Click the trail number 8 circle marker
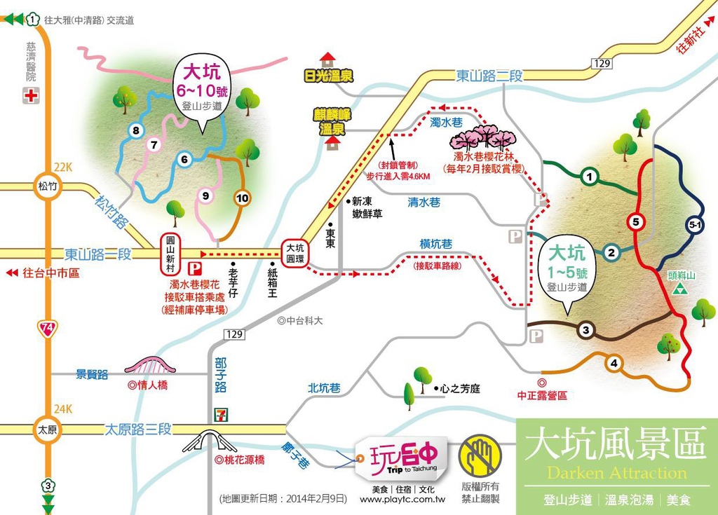[136, 130]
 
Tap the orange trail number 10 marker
[243, 198]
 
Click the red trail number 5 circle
[635, 223]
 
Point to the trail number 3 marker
[586, 330]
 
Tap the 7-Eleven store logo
[222, 413]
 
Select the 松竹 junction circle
[47, 186]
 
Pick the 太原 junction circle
[47, 429]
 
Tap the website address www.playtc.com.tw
[402, 500]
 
